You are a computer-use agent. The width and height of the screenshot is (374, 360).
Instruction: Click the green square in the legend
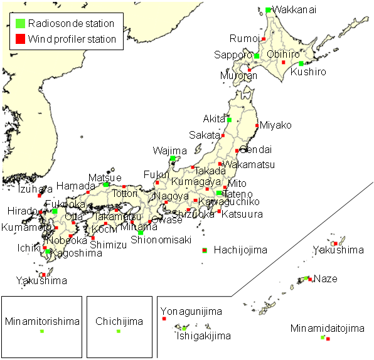click(x=21, y=24)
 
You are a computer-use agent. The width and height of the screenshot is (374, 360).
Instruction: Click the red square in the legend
click(x=21, y=39)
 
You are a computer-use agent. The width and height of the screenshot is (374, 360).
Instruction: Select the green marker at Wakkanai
click(x=269, y=10)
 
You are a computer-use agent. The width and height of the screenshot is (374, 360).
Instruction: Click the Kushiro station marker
click(x=301, y=63)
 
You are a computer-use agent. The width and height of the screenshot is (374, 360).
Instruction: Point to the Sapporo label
click(x=233, y=55)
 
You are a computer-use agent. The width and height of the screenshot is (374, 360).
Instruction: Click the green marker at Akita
click(x=229, y=119)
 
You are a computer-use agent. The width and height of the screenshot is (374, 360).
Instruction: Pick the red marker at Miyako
click(x=257, y=126)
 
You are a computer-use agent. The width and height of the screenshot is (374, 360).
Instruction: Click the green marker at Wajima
click(x=173, y=159)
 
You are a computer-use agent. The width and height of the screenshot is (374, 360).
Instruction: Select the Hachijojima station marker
click(x=205, y=250)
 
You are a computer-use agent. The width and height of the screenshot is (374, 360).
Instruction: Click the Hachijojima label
click(x=240, y=250)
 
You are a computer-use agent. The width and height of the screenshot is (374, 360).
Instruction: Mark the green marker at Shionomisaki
click(x=141, y=233)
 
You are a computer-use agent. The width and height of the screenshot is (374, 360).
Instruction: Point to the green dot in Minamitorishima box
click(x=42, y=331)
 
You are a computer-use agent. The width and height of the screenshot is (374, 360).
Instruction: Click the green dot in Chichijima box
click(x=118, y=331)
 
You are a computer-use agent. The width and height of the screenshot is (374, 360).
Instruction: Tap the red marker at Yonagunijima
click(x=164, y=319)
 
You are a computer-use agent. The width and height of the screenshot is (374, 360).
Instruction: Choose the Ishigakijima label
click(x=203, y=336)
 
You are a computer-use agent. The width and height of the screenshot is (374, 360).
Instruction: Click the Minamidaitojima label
click(x=328, y=328)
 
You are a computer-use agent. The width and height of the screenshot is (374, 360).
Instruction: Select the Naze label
click(x=326, y=278)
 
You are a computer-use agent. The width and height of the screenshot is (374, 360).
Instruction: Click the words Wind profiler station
click(x=72, y=39)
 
